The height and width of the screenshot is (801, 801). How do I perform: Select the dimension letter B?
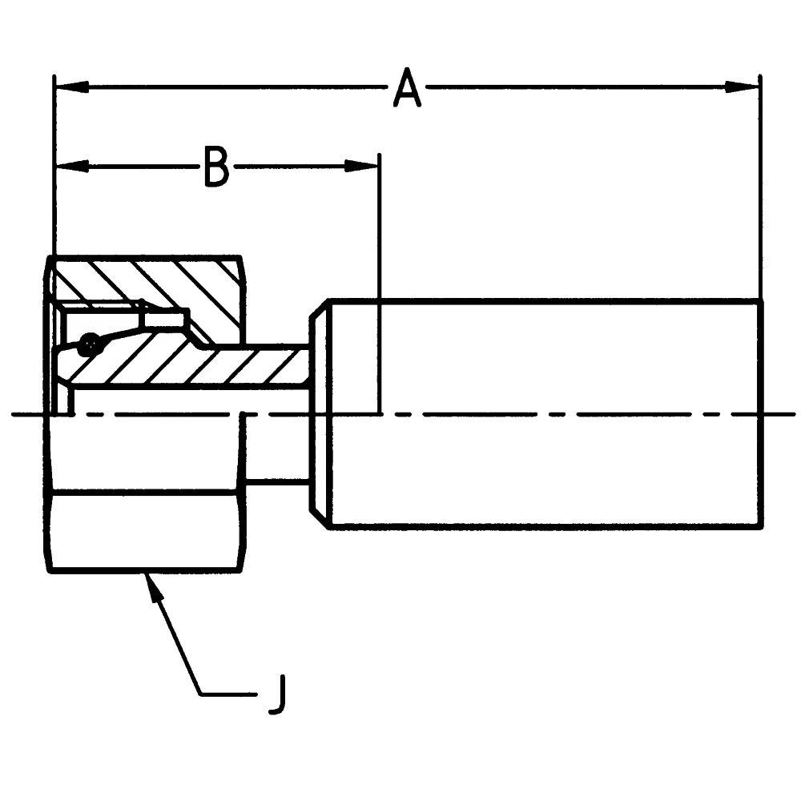coord(216,167)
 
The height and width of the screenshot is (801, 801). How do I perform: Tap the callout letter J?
coord(276,694)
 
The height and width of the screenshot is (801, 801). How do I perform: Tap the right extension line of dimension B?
coord(380,240)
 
